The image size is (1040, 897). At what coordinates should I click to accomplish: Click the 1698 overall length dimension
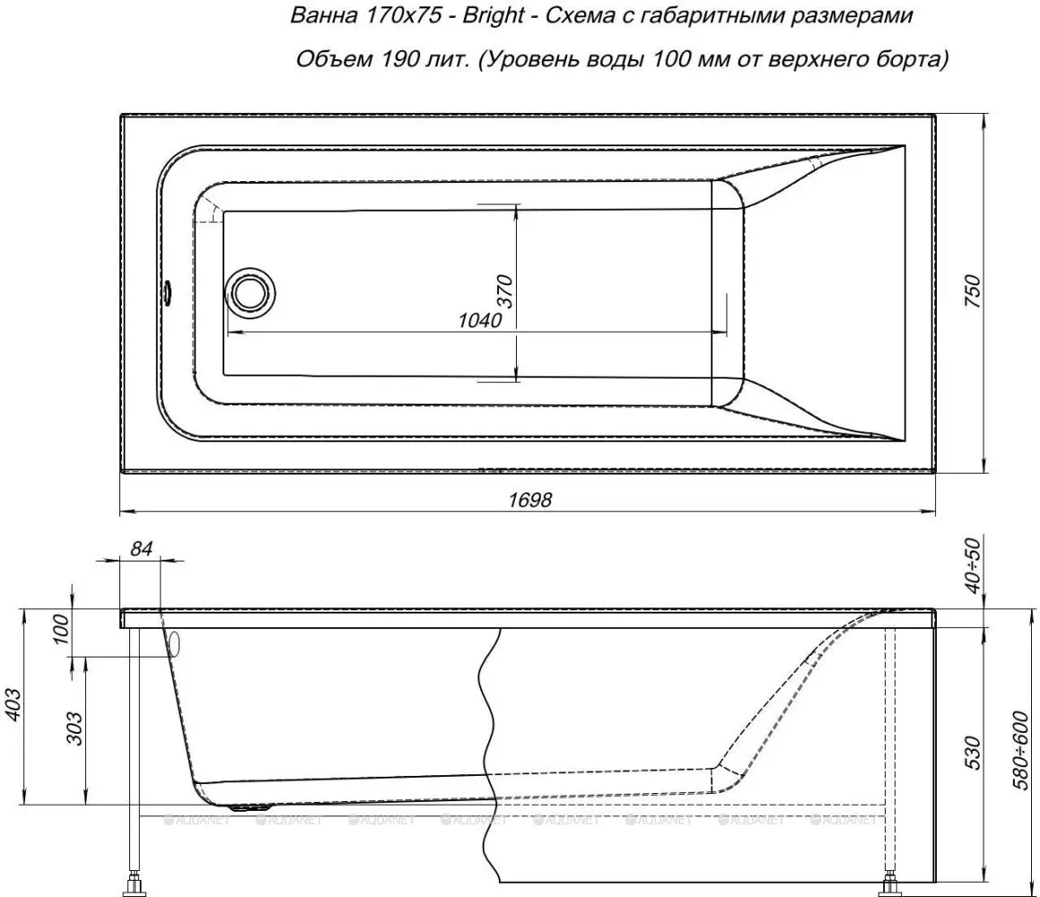coord(530,499)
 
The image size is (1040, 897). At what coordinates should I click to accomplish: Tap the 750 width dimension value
coord(972,291)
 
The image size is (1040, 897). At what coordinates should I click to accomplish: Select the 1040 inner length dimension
coord(480,320)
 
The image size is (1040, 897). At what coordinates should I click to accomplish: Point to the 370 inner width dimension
coord(504,291)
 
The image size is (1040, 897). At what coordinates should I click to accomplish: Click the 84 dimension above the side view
coord(141,548)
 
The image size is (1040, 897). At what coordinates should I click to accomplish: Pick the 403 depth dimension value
coord(13,708)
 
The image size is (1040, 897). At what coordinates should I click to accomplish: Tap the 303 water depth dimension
coord(76,728)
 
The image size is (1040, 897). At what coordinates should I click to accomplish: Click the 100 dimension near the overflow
coord(60,630)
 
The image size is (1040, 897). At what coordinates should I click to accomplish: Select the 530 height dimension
coord(972,752)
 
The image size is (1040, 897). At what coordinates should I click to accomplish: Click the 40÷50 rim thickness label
coord(972,564)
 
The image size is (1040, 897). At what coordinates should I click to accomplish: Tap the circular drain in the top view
coord(249,291)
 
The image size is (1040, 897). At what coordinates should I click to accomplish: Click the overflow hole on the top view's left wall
coord(168,291)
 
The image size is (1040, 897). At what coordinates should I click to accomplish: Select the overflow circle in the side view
coord(174,643)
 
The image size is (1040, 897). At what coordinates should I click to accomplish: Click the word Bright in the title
coord(494,16)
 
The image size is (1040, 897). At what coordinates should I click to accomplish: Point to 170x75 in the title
coord(404,16)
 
